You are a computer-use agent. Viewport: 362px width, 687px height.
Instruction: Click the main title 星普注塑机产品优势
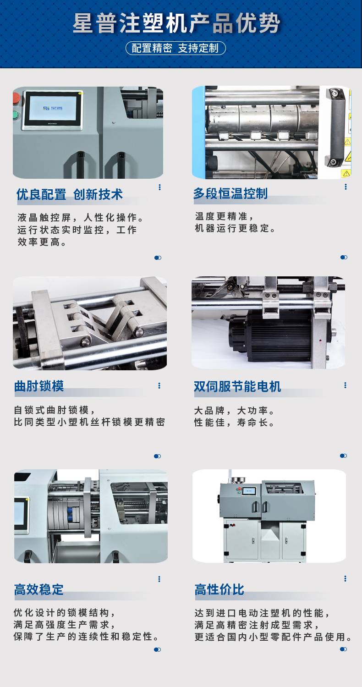176,24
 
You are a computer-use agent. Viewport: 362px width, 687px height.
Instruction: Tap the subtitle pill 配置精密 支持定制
176,48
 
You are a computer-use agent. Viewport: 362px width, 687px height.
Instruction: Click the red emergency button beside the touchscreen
16,98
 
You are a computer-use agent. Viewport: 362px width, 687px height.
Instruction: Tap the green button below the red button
15,115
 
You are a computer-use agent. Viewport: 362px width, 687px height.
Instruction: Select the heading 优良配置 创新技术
69,194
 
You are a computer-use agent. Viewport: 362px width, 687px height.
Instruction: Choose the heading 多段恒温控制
230,193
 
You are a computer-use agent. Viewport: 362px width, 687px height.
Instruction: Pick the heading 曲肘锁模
39,386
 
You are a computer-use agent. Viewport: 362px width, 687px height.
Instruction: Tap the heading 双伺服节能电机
237,386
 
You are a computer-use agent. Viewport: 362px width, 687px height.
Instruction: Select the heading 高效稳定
38,589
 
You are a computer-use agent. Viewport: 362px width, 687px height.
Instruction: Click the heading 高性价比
219,589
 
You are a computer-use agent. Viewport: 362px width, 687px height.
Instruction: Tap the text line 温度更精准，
225,216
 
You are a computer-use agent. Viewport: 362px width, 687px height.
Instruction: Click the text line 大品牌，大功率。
234,410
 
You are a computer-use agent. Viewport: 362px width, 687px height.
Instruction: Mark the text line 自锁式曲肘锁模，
55,410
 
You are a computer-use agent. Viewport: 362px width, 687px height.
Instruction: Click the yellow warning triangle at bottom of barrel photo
346,174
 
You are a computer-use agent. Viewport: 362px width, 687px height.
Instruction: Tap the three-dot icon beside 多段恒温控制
346,187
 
